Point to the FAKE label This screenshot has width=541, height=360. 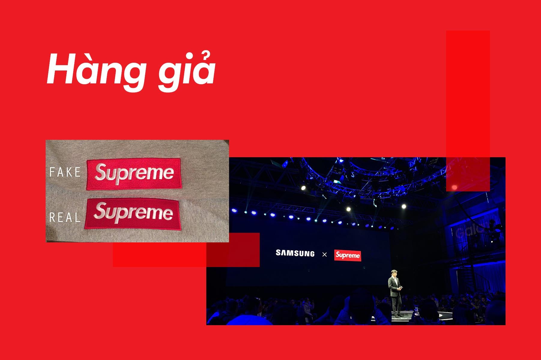coord(65,172)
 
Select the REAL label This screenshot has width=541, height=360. coord(65,217)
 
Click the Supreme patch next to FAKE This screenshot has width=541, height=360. coord(134,174)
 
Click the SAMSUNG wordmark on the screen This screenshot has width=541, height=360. coord(295,253)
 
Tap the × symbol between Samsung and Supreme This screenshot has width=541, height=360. coord(324,255)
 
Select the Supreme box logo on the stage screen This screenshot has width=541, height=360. coord(348,255)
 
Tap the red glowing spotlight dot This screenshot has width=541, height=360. coord(454,187)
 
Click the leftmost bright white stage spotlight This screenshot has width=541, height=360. coord(303,188)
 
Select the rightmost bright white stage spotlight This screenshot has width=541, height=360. coord(404,206)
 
